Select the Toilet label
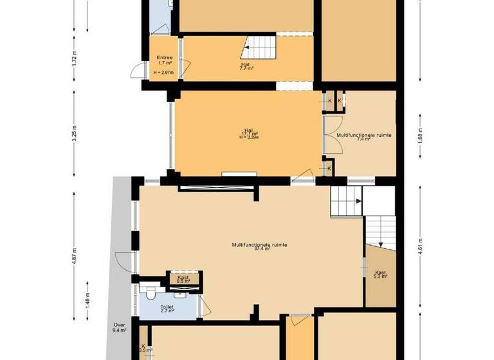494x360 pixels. click(167, 307)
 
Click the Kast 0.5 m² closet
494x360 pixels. click(183, 278)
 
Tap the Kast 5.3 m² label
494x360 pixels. click(381, 274)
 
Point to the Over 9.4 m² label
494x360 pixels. click(120, 327)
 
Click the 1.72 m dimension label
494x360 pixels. click(75, 59)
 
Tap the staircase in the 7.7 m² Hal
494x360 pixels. click(261, 47)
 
